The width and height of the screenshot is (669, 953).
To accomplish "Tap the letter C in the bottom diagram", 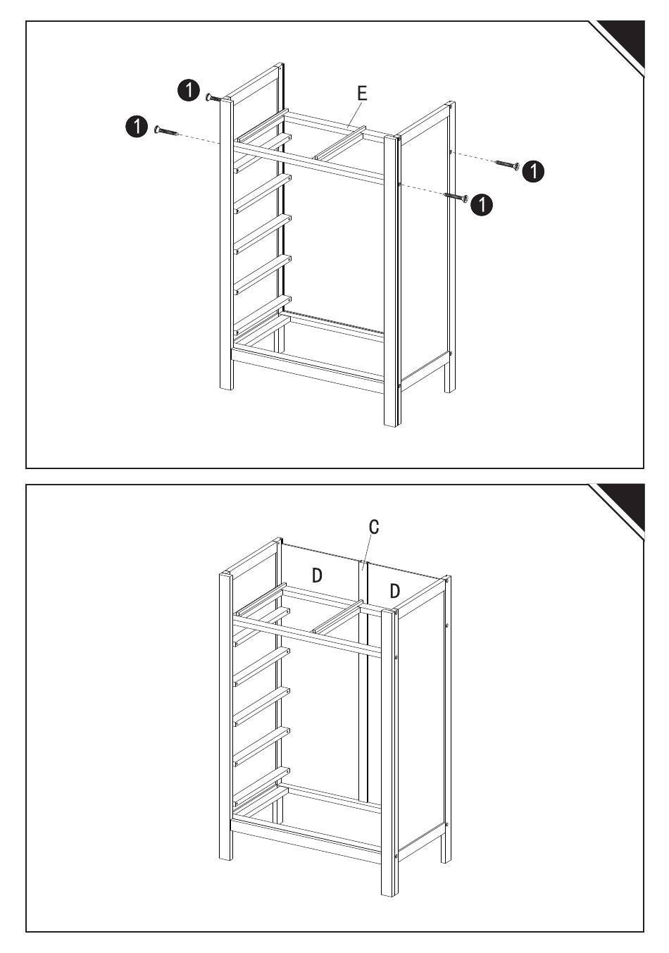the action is click(374, 527).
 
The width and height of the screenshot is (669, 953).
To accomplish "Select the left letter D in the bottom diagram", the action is click(318, 575).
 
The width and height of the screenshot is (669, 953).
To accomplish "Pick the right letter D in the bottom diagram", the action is click(395, 591).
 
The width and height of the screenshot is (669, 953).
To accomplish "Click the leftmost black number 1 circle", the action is click(135, 127).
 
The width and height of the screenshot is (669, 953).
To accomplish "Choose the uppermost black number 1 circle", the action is click(188, 89).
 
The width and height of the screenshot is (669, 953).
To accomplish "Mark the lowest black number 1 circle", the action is click(482, 204).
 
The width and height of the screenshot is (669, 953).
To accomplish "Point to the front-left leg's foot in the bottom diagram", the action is click(225, 855).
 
